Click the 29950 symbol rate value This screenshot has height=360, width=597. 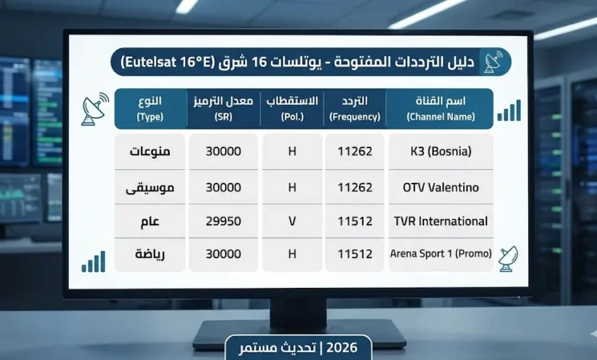[223, 221]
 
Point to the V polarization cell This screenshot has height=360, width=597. [292, 221]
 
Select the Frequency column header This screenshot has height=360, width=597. [354, 109]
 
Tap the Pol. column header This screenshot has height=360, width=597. [292, 109]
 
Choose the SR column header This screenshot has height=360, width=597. [223, 109]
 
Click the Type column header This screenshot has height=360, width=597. [150, 109]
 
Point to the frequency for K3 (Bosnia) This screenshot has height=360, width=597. [354, 152]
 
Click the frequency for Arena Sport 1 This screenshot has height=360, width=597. [354, 254]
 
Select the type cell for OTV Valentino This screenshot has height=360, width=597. [150, 187]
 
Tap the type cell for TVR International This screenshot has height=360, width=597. [150, 221]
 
